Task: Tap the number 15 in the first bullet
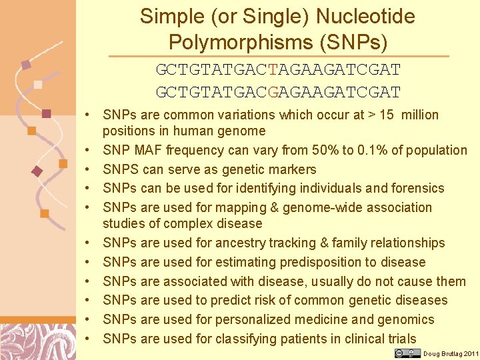(387, 115)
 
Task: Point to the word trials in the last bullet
(398, 339)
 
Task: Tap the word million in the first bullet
(418, 115)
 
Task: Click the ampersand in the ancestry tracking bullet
(325, 243)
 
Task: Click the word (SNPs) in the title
(353, 42)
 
